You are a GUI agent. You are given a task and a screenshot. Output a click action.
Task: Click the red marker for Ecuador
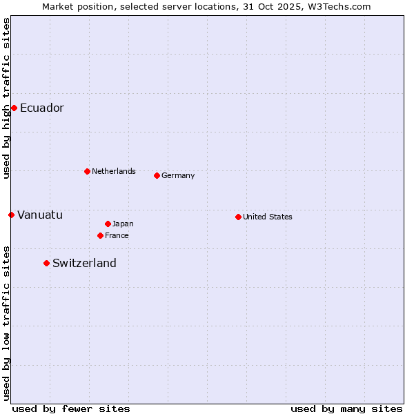(x=14, y=108)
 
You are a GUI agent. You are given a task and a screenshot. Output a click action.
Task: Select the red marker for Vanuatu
(x=11, y=215)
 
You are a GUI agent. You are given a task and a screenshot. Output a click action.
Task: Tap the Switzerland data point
(x=46, y=263)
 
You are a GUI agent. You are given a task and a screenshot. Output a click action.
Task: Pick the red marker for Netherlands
(x=87, y=171)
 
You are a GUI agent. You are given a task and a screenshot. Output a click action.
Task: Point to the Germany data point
(x=157, y=175)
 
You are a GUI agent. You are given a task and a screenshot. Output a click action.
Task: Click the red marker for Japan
(x=108, y=224)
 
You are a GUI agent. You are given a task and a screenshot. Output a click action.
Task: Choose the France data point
(x=100, y=235)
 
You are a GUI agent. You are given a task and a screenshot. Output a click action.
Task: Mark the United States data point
(x=238, y=217)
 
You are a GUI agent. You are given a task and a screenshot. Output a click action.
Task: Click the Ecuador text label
(x=42, y=108)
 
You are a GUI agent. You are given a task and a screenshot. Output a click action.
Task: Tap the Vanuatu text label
(x=40, y=215)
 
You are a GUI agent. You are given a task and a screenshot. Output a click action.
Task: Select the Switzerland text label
(x=84, y=263)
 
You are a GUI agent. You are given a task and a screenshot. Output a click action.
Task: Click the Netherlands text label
(x=114, y=171)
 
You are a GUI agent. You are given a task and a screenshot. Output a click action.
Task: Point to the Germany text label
(x=178, y=175)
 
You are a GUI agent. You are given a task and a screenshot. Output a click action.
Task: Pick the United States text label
(x=268, y=217)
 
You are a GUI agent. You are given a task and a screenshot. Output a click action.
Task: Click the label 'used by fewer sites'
(x=71, y=408)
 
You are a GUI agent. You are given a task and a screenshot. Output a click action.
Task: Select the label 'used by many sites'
(x=346, y=408)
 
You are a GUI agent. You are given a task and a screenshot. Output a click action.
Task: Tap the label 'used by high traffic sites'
(x=6, y=98)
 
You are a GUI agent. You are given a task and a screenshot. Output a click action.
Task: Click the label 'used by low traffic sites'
(x=6, y=323)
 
